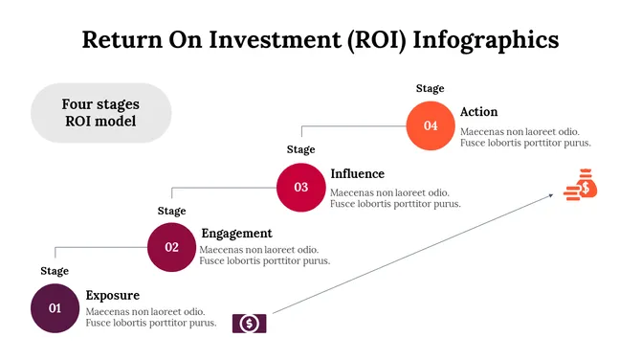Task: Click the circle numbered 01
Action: (x=55, y=308)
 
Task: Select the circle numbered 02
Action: (x=172, y=247)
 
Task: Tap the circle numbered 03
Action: (x=301, y=187)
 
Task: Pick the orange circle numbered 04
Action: (x=431, y=126)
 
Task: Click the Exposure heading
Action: (x=113, y=295)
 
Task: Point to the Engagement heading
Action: (x=236, y=234)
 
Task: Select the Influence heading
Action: (x=358, y=173)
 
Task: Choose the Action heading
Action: (x=478, y=112)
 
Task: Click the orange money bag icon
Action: (x=581, y=185)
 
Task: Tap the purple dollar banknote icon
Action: (x=250, y=324)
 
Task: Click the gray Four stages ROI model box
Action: (x=101, y=113)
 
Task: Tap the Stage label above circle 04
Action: (x=431, y=89)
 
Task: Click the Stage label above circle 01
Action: (x=55, y=271)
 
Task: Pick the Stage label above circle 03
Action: (x=301, y=149)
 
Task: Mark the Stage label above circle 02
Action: (x=172, y=211)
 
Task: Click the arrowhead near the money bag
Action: (x=552, y=195)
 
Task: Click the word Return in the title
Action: (x=118, y=40)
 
